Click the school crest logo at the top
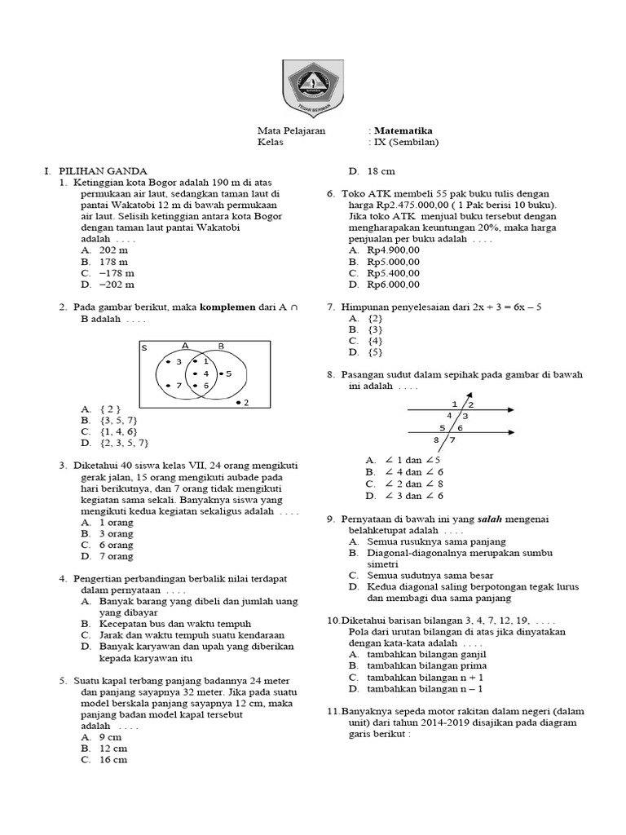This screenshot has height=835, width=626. click(x=314, y=87)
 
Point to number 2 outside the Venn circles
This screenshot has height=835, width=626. click(x=245, y=402)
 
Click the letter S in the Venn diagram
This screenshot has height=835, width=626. click(x=145, y=347)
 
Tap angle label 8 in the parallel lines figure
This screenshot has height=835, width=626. click(x=437, y=441)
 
